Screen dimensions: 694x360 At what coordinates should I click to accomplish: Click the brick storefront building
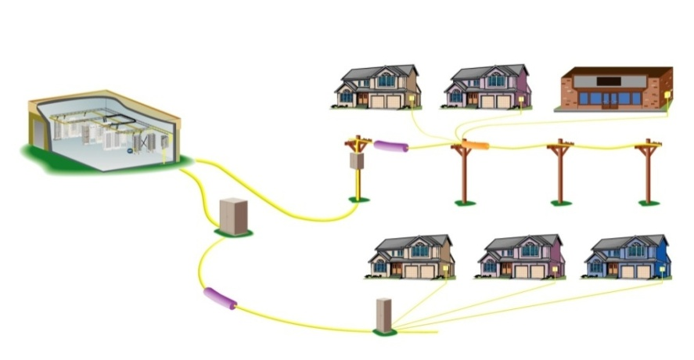615,89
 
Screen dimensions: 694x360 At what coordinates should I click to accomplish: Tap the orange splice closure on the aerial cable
476,145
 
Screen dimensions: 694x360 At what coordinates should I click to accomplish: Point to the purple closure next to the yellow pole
390,146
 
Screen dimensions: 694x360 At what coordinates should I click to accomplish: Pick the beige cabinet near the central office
233,214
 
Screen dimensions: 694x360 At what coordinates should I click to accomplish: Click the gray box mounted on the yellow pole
358,160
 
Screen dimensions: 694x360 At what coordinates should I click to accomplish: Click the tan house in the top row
377,87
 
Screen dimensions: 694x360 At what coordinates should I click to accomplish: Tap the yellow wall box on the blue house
661,268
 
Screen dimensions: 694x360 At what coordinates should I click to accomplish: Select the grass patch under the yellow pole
358,200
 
